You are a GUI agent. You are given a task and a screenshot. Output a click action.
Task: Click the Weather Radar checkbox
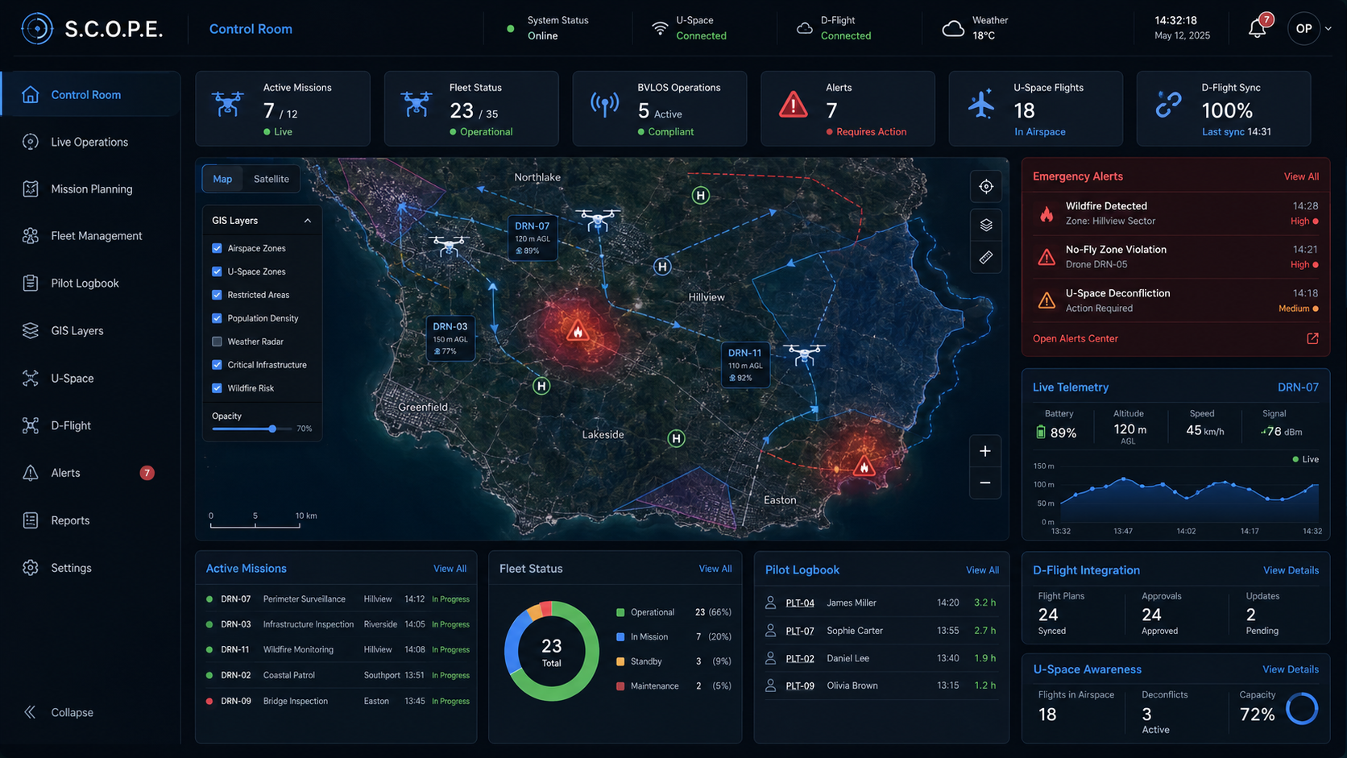pos(217,342)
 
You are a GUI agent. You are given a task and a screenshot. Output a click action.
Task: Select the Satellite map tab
pos(271,179)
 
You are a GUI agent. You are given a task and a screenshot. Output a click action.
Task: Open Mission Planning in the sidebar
pos(91,188)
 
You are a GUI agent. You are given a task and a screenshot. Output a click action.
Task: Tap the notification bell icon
pos(1256,28)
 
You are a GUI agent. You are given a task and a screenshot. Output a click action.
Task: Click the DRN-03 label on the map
pos(450,326)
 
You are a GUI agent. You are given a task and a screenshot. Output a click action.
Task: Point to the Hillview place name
pos(706,297)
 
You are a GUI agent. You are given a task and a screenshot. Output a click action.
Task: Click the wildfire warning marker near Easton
pos(864,466)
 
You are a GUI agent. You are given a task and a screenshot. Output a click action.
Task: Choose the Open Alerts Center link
pos(1076,338)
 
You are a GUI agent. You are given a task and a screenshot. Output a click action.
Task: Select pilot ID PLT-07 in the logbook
pos(800,631)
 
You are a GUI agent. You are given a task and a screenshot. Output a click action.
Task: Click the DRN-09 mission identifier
pos(236,701)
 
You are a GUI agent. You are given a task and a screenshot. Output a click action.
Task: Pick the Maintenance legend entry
pos(654,686)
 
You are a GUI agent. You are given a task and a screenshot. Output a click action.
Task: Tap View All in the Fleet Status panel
pos(715,569)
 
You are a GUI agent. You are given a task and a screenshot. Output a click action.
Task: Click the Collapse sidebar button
pos(59,712)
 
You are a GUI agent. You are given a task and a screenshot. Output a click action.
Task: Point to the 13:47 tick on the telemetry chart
pos(1123,532)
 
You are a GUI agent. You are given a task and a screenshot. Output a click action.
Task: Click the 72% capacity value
pos(1258,715)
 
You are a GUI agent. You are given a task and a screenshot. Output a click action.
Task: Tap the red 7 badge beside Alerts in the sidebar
pos(147,473)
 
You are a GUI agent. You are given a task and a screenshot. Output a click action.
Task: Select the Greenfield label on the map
pos(423,407)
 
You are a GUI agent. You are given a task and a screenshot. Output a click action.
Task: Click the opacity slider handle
pos(272,429)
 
